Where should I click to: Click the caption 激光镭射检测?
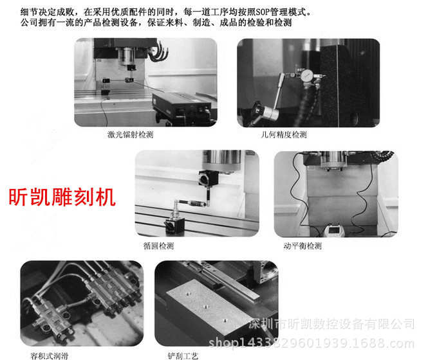pos(130,134)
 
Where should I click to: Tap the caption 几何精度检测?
pos(284,134)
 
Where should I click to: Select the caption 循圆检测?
pos(158,246)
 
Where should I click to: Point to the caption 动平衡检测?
pos(302,246)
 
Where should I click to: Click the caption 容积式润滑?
pos(49,355)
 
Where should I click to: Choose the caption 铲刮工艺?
pos(183,355)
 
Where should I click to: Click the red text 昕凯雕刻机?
pos(62,197)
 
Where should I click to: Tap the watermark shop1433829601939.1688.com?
pos(312,343)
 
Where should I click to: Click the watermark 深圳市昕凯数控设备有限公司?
pos(331,324)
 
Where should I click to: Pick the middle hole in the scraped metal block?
pos(206,307)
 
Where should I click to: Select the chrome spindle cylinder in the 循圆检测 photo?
pos(221,160)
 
